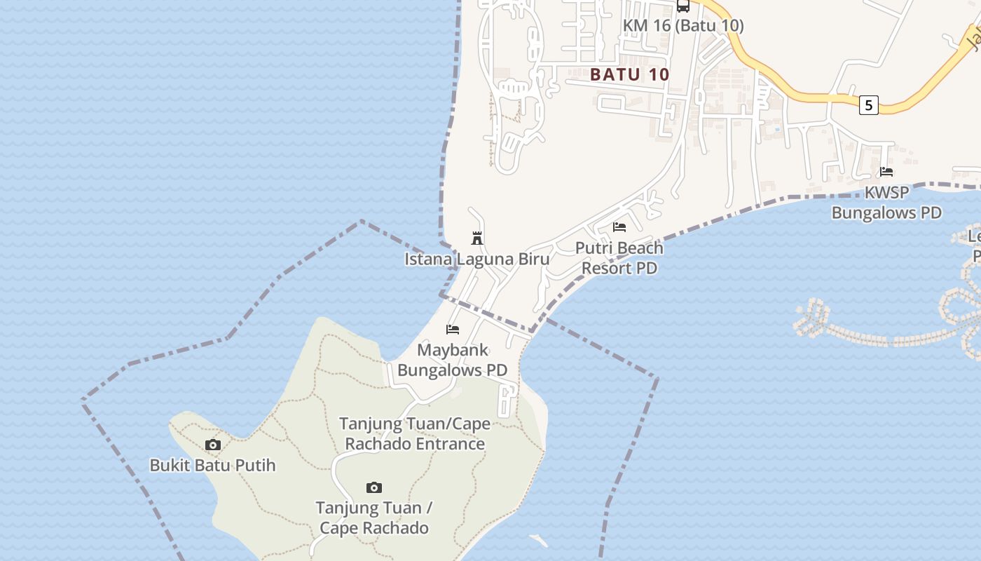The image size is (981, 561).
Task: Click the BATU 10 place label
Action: click(x=629, y=74)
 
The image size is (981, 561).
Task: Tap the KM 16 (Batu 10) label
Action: click(x=683, y=26)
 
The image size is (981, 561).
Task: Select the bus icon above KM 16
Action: click(x=683, y=6)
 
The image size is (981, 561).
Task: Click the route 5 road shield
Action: click(x=869, y=105)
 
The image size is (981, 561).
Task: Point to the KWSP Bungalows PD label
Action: click(x=886, y=203)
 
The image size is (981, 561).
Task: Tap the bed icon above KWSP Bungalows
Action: click(x=886, y=172)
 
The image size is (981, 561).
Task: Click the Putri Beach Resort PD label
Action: click(x=619, y=258)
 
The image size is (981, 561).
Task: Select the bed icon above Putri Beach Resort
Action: click(x=619, y=227)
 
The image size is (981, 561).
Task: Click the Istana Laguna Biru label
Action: click(x=476, y=259)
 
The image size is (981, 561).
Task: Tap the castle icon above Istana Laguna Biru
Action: click(x=477, y=238)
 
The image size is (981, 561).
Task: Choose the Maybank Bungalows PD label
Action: click(x=453, y=360)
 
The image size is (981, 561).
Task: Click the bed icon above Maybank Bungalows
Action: click(x=453, y=329)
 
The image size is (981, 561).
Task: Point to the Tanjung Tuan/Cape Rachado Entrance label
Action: click(x=414, y=433)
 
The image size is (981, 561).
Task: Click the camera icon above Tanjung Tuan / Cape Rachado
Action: click(x=374, y=487)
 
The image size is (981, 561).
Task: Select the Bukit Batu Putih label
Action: click(x=213, y=465)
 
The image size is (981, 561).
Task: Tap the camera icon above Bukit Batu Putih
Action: click(x=213, y=445)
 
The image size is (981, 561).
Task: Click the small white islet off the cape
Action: click(x=539, y=541)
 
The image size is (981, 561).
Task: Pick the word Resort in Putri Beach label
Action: click(x=607, y=268)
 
